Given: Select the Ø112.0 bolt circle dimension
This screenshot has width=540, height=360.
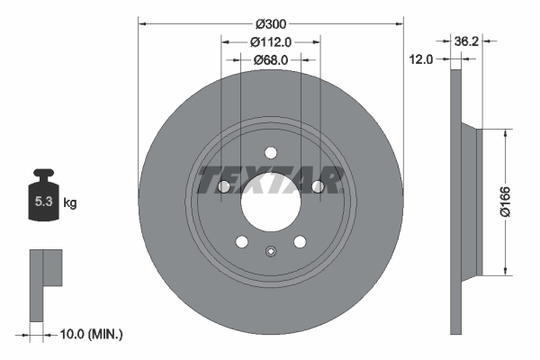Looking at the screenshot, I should (x=270, y=41).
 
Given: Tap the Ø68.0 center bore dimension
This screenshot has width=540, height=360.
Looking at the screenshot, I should (x=270, y=59).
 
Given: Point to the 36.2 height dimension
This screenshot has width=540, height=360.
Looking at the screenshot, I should (x=466, y=41).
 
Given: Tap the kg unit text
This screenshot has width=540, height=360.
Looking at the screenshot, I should (x=70, y=203).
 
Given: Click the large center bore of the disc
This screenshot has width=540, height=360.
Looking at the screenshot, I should (x=270, y=203).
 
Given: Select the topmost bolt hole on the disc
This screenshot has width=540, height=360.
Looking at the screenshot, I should (x=270, y=154).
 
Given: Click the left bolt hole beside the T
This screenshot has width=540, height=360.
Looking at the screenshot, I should (x=222, y=186).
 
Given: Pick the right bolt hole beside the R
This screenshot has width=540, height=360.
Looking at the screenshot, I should (x=318, y=186).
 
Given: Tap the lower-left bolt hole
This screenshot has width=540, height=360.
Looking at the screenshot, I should (x=241, y=241).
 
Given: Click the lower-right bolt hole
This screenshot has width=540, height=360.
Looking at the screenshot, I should (x=300, y=241).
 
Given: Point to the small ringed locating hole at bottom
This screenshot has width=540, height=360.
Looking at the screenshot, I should (x=270, y=253).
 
